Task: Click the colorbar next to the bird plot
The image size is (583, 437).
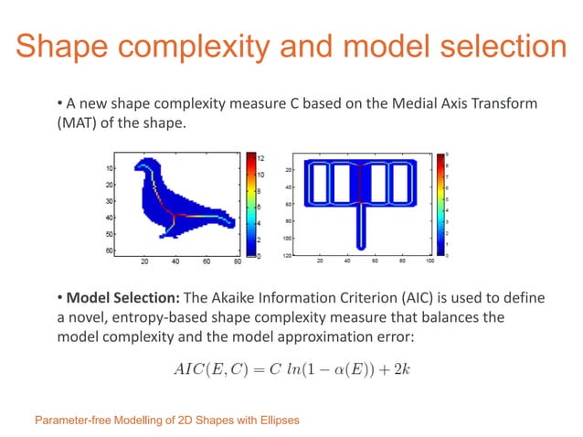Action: (x=249, y=206)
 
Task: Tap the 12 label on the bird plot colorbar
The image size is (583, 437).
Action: (x=260, y=156)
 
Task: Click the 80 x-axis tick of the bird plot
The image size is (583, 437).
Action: (x=237, y=262)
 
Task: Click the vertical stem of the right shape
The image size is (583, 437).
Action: (x=363, y=224)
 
